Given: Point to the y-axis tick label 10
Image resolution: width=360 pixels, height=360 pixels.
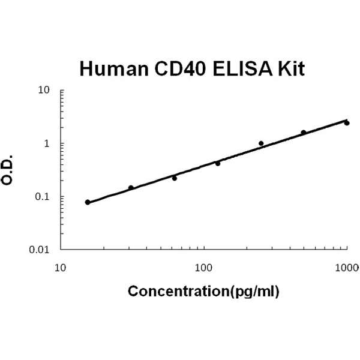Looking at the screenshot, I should [44, 91].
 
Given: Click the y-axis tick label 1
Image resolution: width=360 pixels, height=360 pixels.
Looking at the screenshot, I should [46, 144].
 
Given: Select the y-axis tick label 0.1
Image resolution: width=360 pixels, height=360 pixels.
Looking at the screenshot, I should [42, 197].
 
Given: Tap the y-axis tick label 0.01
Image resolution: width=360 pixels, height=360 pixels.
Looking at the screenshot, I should [40, 250].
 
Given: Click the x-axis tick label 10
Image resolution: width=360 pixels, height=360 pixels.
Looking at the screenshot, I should [60, 267].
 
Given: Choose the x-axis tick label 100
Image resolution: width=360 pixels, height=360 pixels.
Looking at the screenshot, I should [204, 267].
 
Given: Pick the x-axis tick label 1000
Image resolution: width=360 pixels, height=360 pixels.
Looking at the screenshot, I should [347, 267].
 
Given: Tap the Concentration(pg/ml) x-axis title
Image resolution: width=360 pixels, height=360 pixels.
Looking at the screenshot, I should [204, 292].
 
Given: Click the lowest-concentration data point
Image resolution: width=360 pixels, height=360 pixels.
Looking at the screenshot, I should [88, 202].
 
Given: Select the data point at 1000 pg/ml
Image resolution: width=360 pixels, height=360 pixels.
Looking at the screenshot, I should [347, 123].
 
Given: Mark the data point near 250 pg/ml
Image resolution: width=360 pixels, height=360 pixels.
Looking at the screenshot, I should [261, 143].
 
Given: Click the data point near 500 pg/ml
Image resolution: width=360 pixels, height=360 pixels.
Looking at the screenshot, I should [304, 133].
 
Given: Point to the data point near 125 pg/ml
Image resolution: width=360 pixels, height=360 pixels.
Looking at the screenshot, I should [218, 163].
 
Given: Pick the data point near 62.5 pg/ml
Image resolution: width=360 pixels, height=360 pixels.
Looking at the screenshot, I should [175, 178].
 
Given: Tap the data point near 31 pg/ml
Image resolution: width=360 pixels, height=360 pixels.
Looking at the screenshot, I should [131, 188].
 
